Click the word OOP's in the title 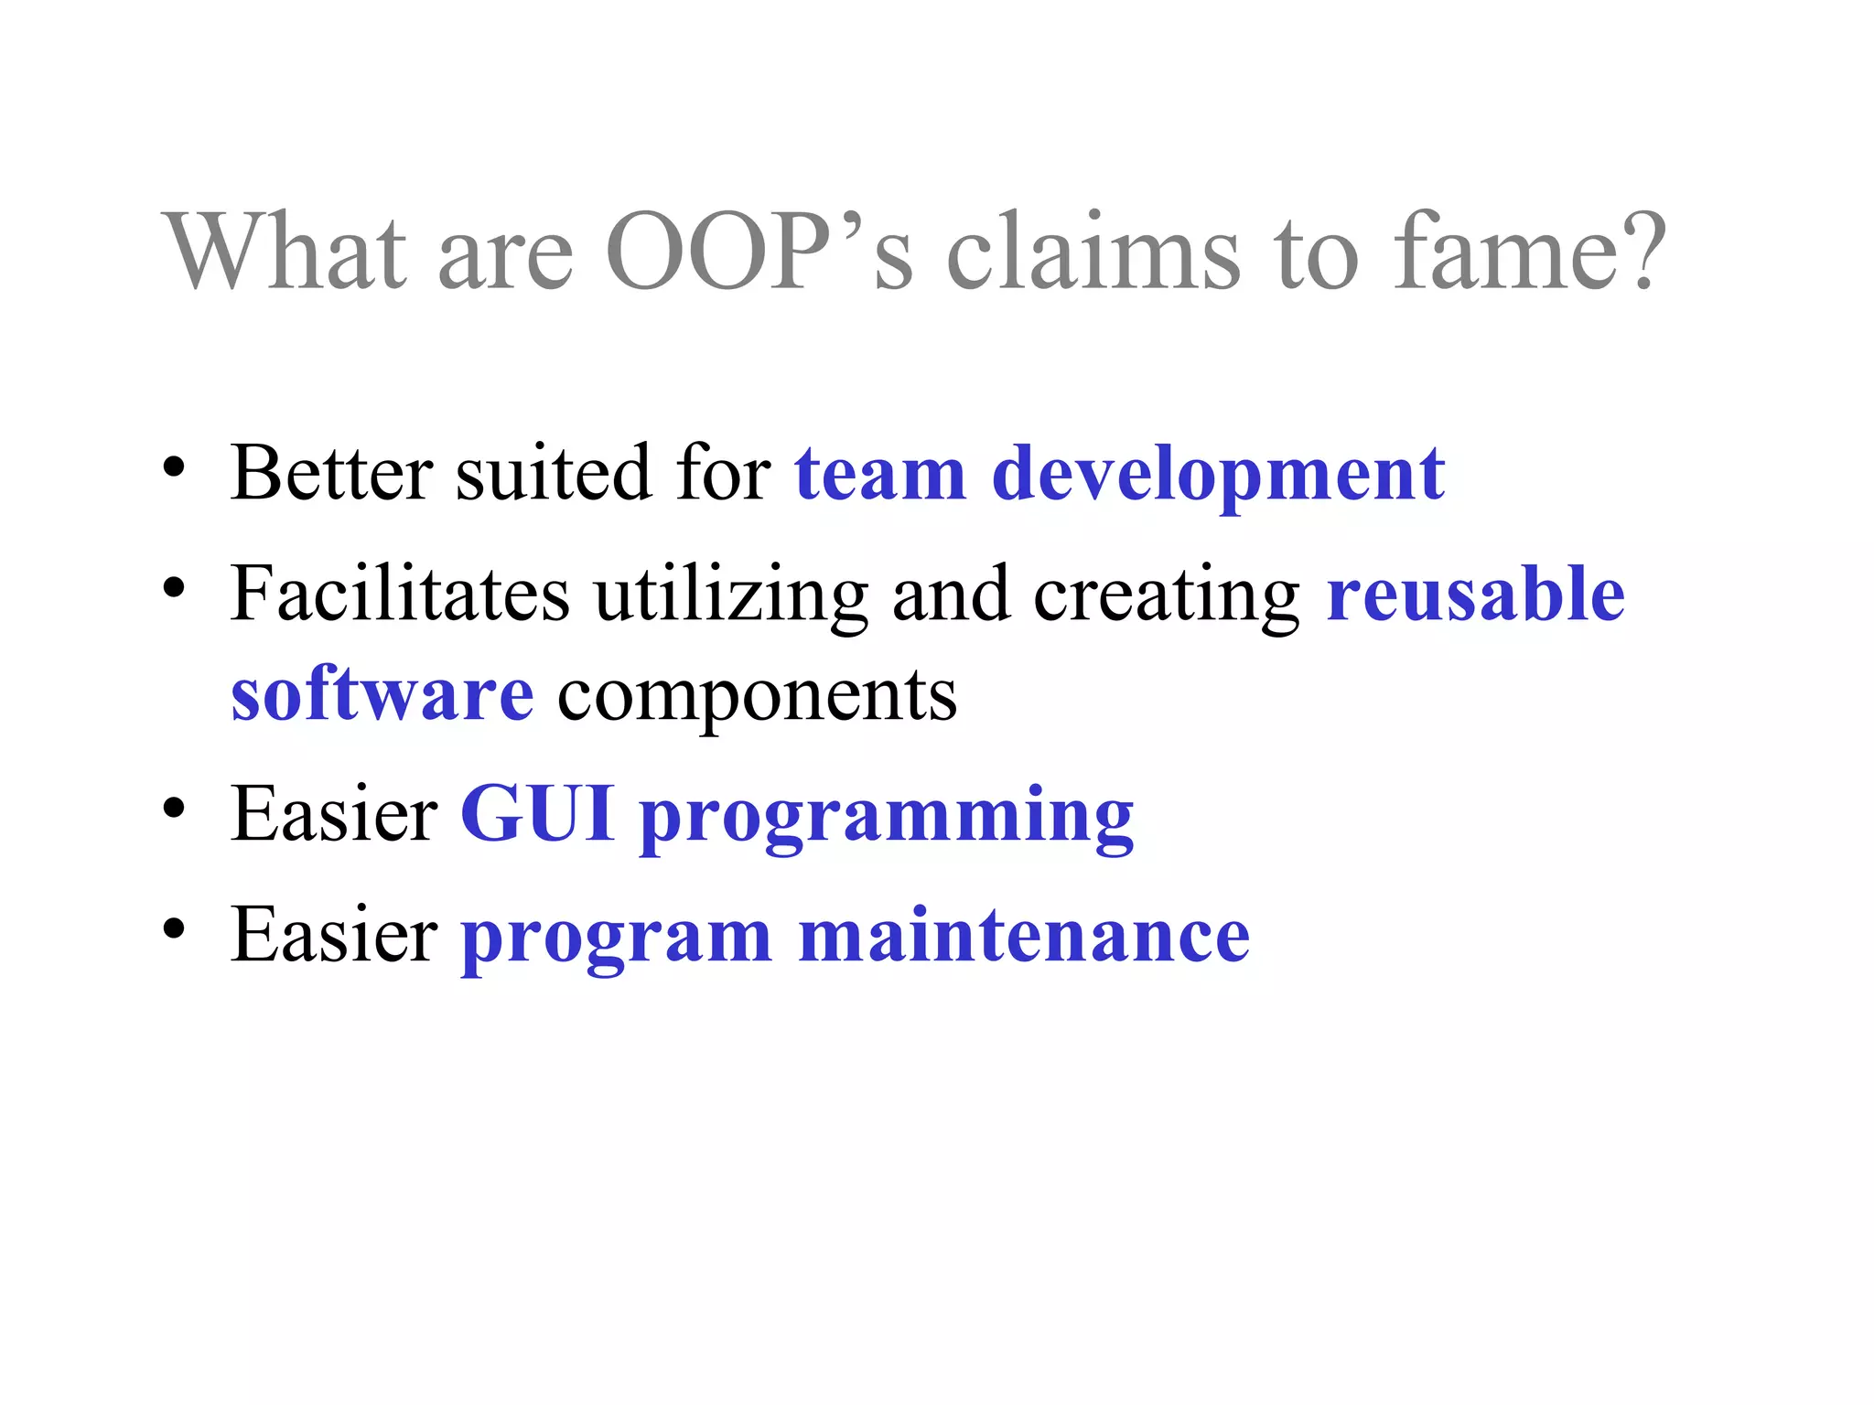tap(759, 252)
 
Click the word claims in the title tap(1093, 252)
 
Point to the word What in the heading tap(285, 252)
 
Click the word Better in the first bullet tap(331, 474)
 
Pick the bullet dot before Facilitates tap(174, 587)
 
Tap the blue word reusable tap(1475, 595)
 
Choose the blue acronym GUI tap(537, 814)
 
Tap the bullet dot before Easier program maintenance tap(174, 928)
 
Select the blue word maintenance tap(1023, 937)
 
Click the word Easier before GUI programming tap(334, 814)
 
